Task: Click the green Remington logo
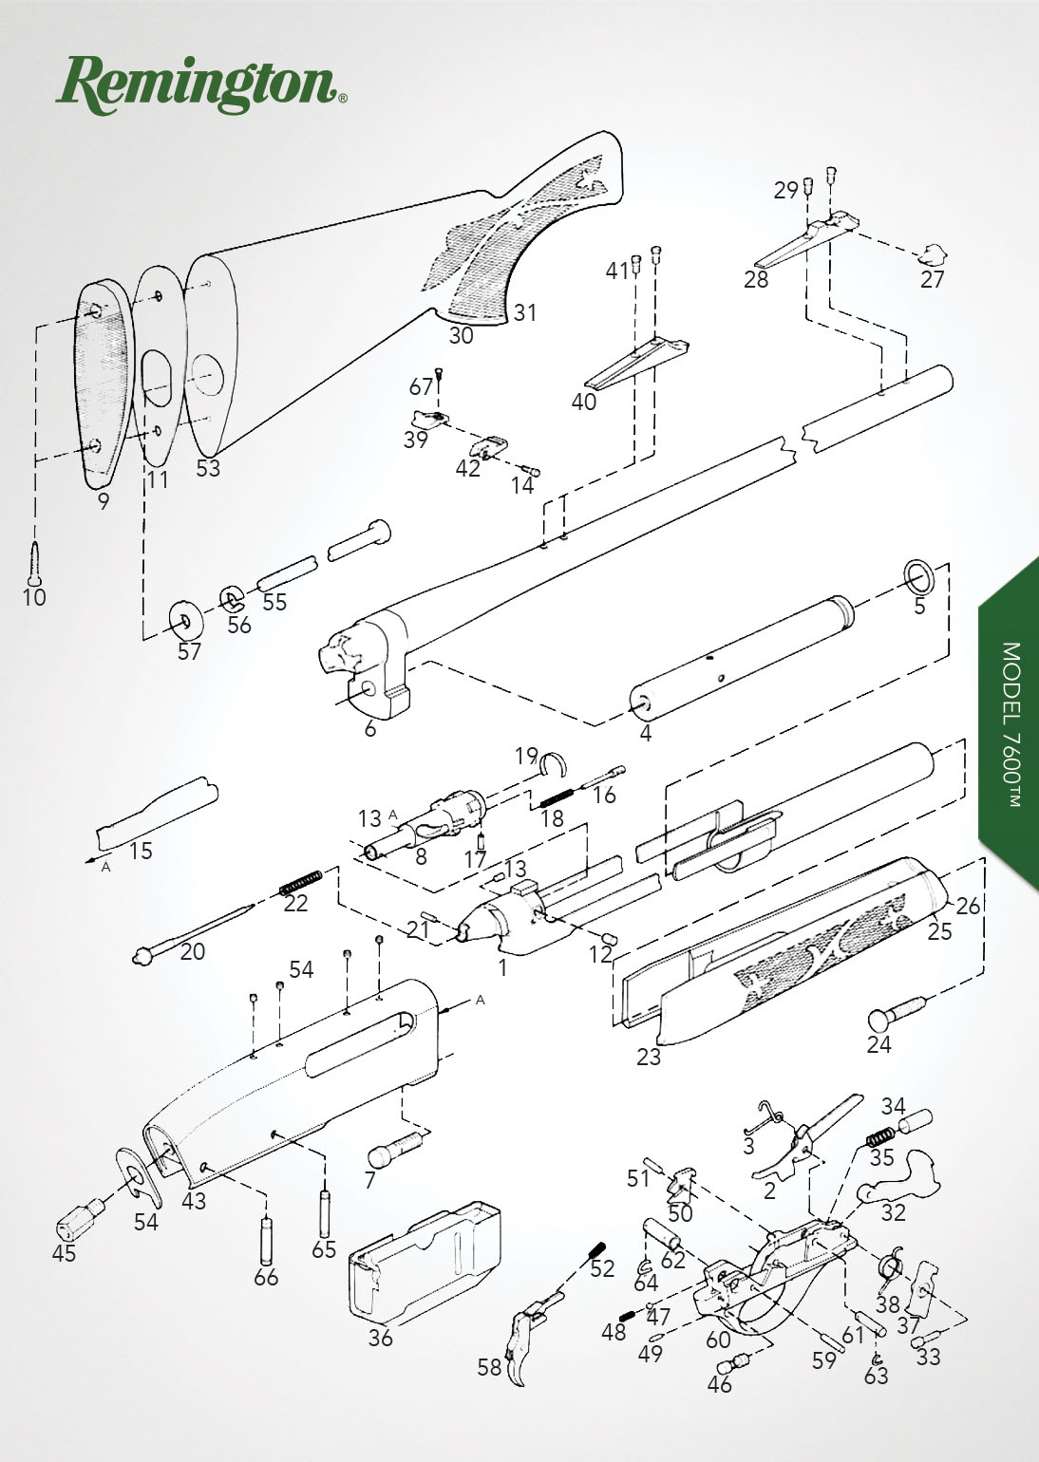pos(201,85)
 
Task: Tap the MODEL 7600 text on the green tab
pos(1011,724)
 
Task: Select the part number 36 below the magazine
pos(380,1338)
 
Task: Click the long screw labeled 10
pos(34,563)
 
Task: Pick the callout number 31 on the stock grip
pos(525,312)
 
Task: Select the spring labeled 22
pos(300,883)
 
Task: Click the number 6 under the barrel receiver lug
pos(370,728)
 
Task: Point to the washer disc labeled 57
pos(186,621)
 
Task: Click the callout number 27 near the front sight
pos(932,279)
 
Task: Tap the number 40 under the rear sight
pos(584,402)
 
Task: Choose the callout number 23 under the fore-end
pos(649,1057)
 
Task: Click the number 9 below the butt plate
pos(104,501)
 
